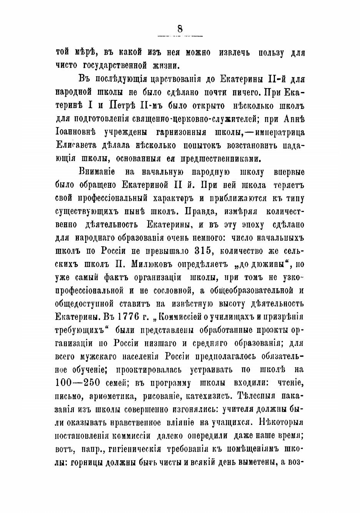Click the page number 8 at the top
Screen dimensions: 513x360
coord(180,28)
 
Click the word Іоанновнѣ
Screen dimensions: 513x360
coord(75,132)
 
